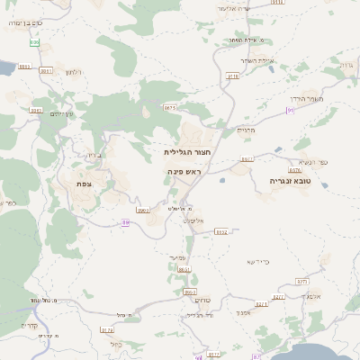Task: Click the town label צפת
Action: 85,184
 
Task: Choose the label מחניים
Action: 247,130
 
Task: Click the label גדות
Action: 344,66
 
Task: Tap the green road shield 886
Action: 35,42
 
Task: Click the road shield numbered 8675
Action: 169,107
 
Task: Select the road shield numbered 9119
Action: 233,76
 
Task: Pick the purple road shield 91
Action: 290,110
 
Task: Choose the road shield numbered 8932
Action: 221,231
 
